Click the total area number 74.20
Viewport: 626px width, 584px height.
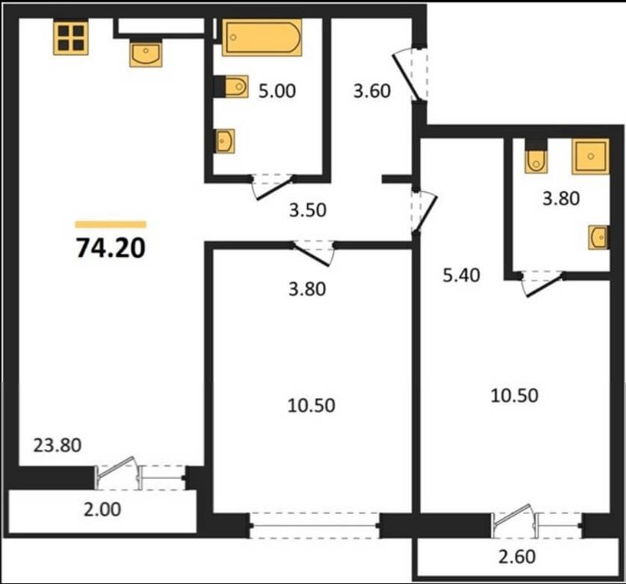coord(111,248)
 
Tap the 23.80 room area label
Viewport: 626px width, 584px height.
coord(58,445)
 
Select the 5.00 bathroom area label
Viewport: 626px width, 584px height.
coord(277,91)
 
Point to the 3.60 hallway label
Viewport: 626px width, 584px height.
coord(372,91)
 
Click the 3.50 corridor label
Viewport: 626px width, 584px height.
coord(308,210)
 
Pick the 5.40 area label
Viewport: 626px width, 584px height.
coord(462,275)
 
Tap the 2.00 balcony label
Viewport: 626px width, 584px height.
coord(102,510)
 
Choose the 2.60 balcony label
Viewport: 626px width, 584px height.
coord(517,556)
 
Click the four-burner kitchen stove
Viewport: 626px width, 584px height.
coord(71,37)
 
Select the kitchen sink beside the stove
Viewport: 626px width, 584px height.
coord(146,53)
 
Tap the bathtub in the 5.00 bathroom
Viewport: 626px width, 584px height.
coord(262,38)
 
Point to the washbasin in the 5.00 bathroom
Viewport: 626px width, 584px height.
coord(225,141)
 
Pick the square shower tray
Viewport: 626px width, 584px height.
coord(590,157)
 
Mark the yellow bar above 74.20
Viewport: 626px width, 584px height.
coord(110,224)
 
